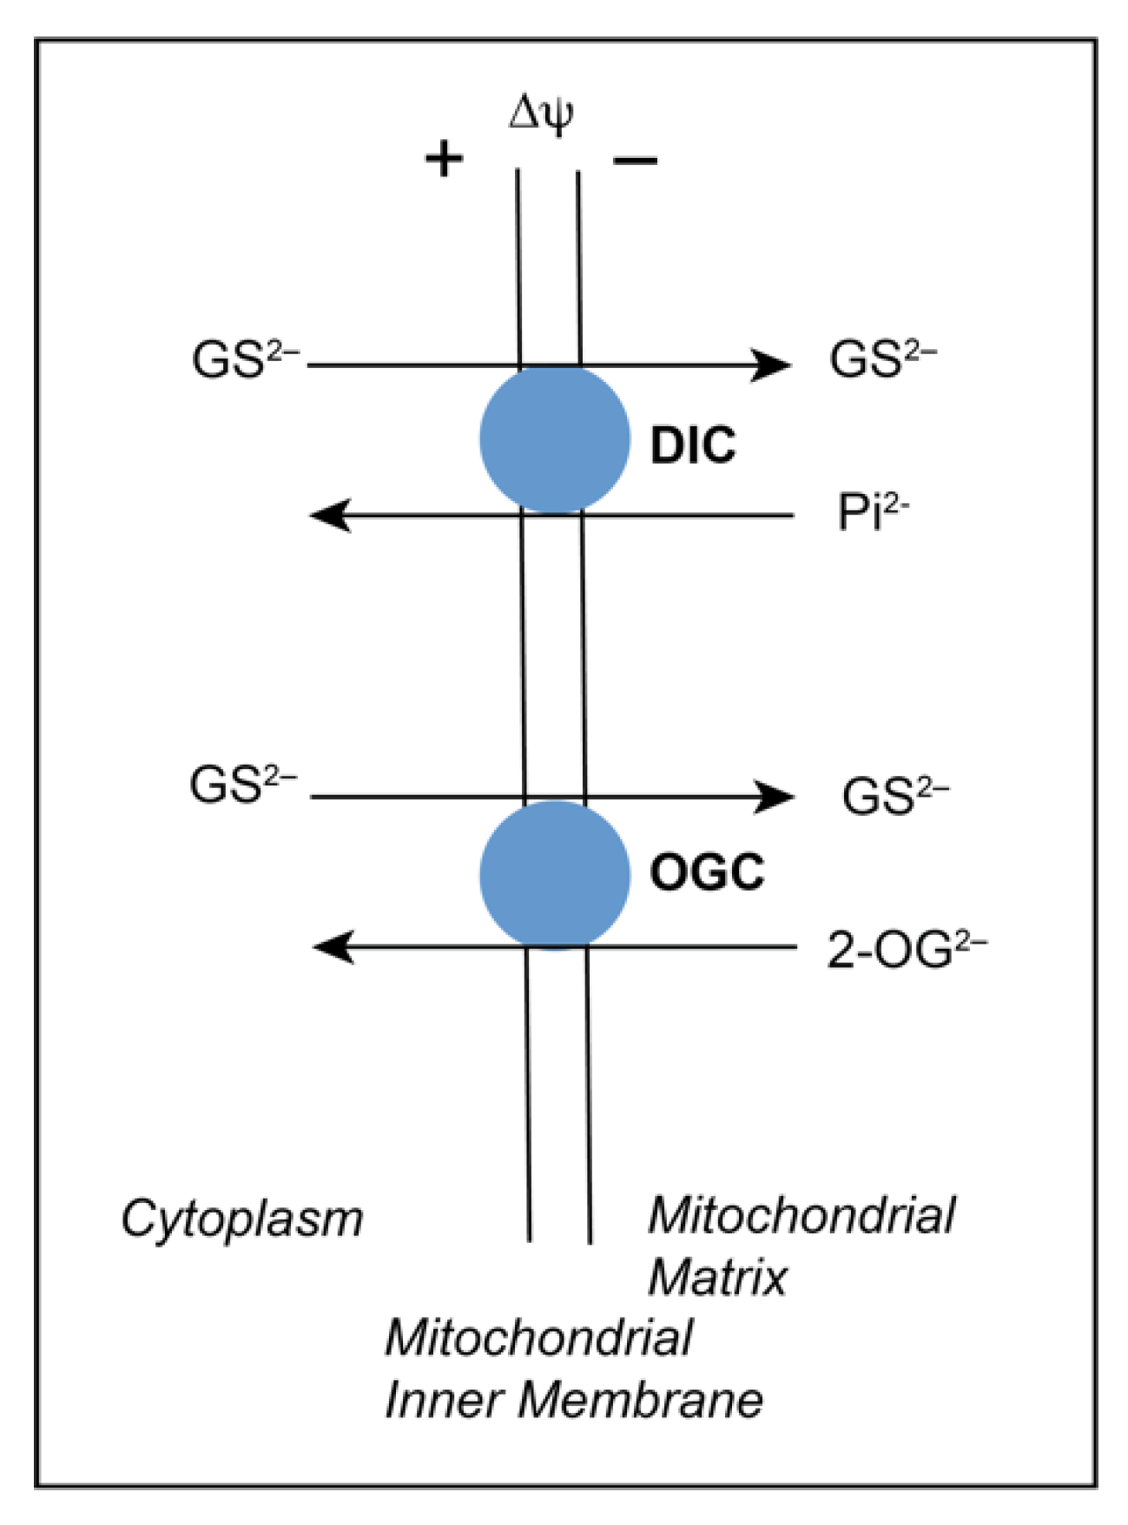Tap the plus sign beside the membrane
pyautogui.click(x=444, y=159)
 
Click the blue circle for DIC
pyautogui.click(x=554, y=439)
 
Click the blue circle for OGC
pyautogui.click(x=554, y=874)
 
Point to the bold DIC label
pyautogui.click(x=693, y=444)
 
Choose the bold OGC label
pyautogui.click(x=707, y=872)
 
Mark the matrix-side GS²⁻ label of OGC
pyautogui.click(x=894, y=796)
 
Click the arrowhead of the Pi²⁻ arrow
pyautogui.click(x=329, y=516)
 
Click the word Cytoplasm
pyautogui.click(x=241, y=1219)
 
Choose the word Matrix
pyautogui.click(x=717, y=1278)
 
